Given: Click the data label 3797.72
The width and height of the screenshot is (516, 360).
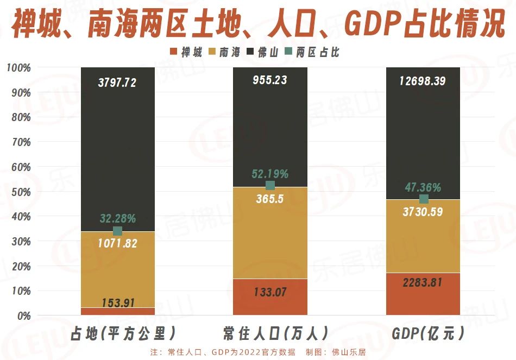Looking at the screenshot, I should (117, 83).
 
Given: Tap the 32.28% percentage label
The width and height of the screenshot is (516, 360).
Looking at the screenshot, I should (117, 219).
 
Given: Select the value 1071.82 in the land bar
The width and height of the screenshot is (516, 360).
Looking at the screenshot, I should (117, 243).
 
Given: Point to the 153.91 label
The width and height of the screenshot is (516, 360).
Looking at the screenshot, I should (117, 303).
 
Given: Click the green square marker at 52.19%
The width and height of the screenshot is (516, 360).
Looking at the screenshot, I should (270, 186).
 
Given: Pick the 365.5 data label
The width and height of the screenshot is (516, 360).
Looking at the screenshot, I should (270, 199).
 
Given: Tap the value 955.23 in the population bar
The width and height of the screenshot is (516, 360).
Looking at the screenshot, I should (270, 80).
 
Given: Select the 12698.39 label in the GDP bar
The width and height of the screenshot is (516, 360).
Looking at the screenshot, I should (423, 81).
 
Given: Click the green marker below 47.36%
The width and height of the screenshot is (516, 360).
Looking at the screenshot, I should (423, 199).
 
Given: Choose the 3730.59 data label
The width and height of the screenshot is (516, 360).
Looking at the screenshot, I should (423, 212).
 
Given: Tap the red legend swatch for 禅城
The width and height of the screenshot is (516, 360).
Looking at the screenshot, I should (174, 53).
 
